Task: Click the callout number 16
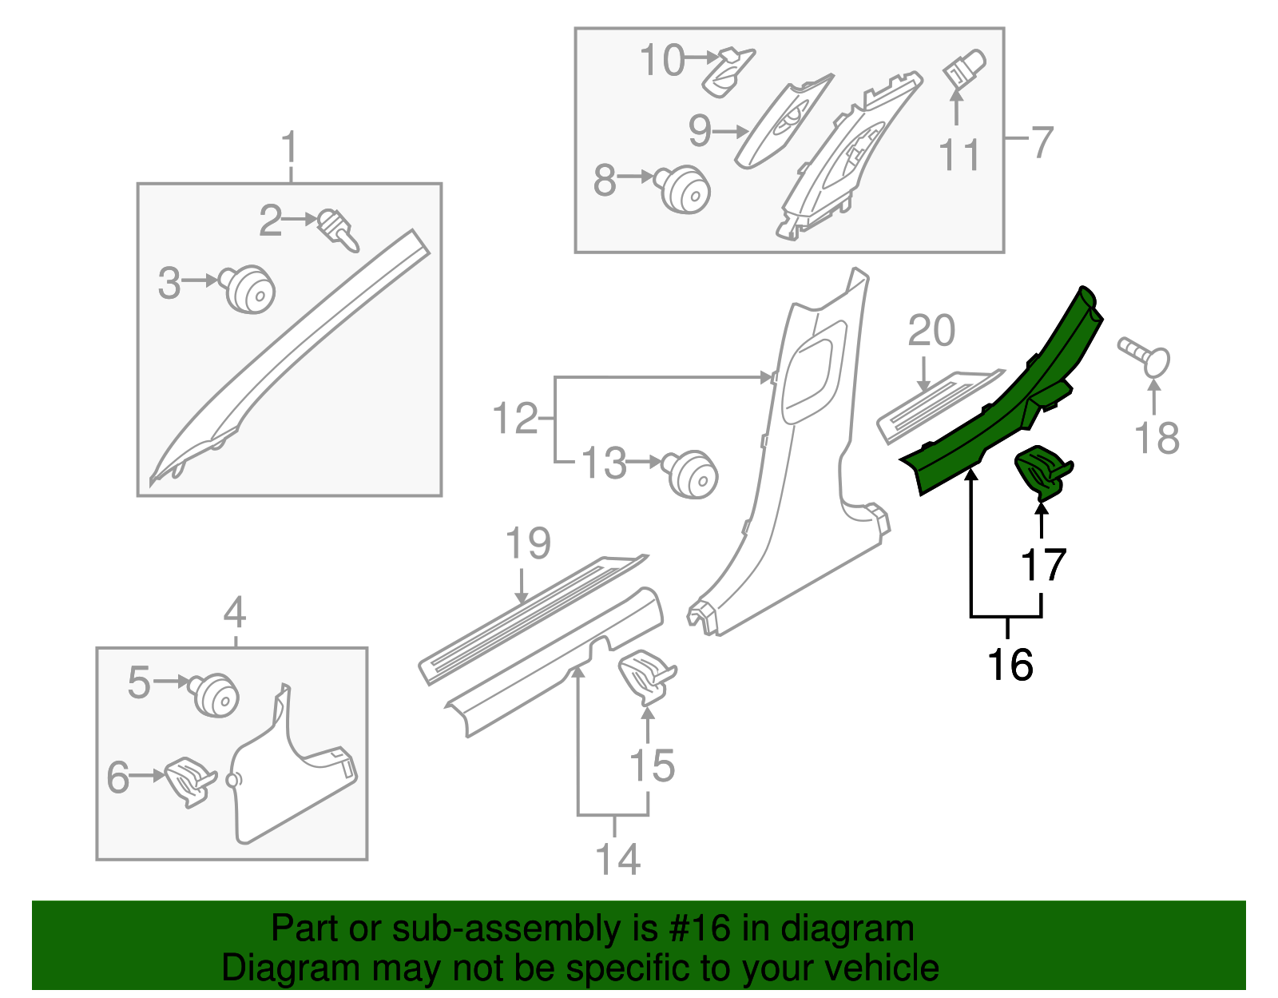pyautogui.click(x=1010, y=665)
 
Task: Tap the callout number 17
pyautogui.click(x=1043, y=565)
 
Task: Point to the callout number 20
pyautogui.click(x=931, y=331)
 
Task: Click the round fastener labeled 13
pyautogui.click(x=693, y=474)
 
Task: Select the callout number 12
pyautogui.click(x=515, y=419)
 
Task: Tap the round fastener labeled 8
pyautogui.click(x=685, y=189)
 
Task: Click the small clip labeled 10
pyautogui.click(x=728, y=71)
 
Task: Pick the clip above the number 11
pyautogui.click(x=964, y=68)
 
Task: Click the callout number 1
pyautogui.click(x=289, y=149)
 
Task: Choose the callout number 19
pyautogui.click(x=528, y=543)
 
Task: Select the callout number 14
pyautogui.click(x=617, y=859)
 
